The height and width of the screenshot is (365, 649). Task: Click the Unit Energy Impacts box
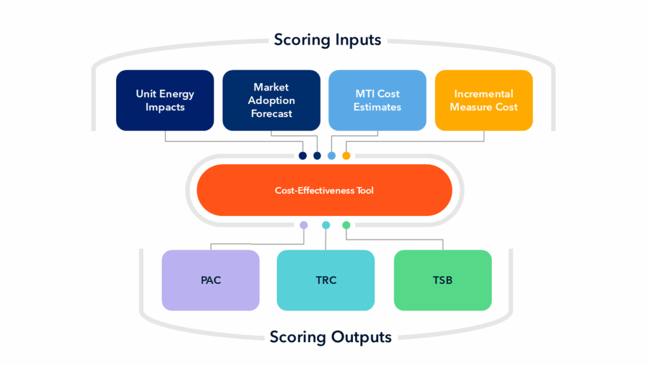[165, 100]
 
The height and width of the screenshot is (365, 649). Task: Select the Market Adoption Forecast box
[271, 100]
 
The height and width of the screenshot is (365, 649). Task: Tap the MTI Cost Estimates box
[377, 100]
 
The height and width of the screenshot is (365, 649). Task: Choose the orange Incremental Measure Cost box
[484, 100]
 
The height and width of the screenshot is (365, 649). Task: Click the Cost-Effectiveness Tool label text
[324, 190]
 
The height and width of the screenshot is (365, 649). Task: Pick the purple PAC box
[210, 280]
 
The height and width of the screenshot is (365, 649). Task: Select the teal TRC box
[325, 280]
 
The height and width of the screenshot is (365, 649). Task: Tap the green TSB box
[442, 280]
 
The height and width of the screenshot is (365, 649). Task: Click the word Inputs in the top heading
[358, 41]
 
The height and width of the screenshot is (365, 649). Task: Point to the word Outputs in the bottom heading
[361, 337]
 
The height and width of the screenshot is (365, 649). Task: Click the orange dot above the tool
[346, 156]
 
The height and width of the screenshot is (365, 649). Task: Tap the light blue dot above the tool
[331, 156]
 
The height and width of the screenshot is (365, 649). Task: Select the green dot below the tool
[346, 225]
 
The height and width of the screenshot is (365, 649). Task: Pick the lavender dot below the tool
[304, 225]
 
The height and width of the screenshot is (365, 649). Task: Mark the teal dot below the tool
[326, 225]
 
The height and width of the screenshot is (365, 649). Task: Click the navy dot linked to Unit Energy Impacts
[302, 156]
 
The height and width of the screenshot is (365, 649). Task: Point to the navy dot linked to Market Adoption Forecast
[317, 156]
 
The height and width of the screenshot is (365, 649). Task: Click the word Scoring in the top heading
[302, 41]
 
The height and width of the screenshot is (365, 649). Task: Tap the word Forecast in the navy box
[271, 113]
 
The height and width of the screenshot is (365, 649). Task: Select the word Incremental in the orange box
[484, 94]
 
